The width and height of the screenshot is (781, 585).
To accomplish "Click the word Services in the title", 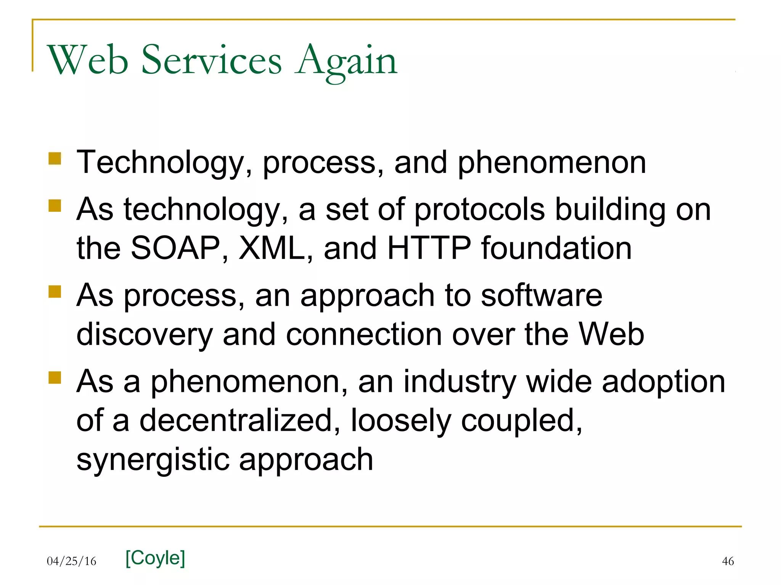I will [x=212, y=60].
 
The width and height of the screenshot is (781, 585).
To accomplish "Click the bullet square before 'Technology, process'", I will [x=55, y=158].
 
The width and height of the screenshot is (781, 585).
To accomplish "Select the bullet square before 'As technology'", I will [x=55, y=206].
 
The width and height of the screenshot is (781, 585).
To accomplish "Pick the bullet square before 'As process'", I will [x=55, y=292].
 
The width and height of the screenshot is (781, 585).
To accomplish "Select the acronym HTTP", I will [x=429, y=248].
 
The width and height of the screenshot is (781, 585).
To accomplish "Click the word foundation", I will [x=556, y=248].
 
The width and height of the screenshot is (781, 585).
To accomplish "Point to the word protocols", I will [x=479, y=210].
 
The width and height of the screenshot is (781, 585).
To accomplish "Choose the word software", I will [x=542, y=296].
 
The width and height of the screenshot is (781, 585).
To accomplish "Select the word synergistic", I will [x=153, y=460].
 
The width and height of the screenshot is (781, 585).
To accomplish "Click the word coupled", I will [x=521, y=421].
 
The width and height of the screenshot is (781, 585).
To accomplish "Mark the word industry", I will [x=460, y=382].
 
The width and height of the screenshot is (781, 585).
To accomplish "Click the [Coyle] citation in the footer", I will [x=155, y=558].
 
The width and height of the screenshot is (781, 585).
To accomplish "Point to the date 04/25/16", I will [x=72, y=561].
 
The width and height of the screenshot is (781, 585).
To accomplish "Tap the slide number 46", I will [x=728, y=561].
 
